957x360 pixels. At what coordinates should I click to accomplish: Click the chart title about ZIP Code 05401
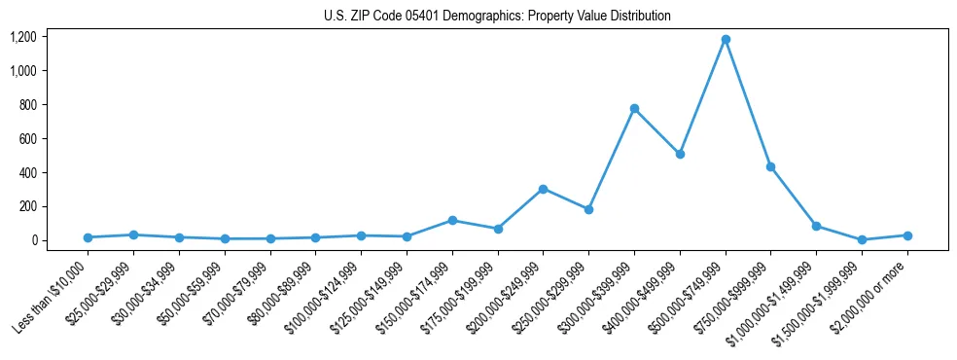coord(497,16)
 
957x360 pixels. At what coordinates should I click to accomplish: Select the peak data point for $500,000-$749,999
coord(726,40)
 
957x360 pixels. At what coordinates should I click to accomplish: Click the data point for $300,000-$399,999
coord(634,109)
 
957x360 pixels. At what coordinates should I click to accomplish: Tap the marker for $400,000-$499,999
coord(680,154)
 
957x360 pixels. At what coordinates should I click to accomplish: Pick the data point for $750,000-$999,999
coord(770,167)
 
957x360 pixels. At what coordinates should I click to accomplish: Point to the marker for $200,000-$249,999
coord(543,189)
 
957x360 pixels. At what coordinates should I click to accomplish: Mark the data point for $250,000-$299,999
coord(588,209)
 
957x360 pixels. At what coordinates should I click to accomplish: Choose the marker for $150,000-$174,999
coord(452,220)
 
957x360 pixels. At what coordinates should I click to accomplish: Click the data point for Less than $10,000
coord(88,237)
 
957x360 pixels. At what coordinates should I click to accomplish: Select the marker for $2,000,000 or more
coord(907,235)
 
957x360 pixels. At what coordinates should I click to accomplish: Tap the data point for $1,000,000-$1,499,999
coord(816,226)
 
